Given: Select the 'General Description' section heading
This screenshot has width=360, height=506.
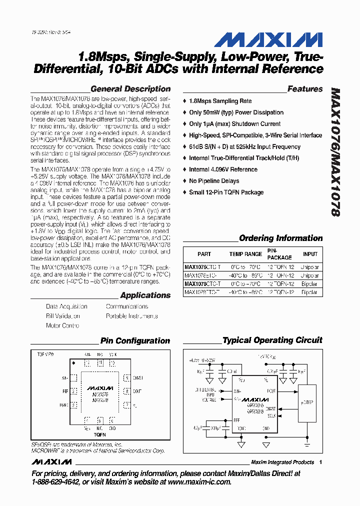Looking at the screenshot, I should tap(130, 89).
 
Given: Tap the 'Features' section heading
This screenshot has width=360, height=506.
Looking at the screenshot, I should tap(305, 89).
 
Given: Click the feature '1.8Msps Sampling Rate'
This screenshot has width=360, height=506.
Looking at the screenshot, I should tap(220, 101).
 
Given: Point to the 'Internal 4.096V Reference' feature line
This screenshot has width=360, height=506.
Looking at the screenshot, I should tap(223, 169).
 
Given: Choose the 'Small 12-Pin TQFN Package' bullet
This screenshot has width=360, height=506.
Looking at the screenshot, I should tap(226, 192).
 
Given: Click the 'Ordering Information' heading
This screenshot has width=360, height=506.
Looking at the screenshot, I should tap(280, 238).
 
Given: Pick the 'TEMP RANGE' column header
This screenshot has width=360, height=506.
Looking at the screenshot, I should tap(245, 254).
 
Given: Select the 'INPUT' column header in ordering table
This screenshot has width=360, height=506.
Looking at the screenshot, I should tap(310, 254).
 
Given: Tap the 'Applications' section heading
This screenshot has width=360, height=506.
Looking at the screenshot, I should tap(145, 295).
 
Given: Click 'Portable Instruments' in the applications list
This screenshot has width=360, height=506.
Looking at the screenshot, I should tap(131, 316).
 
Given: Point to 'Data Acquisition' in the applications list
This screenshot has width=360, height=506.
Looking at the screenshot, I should tap(66, 306).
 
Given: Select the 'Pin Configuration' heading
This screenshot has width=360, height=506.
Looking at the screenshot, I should tap(135, 341).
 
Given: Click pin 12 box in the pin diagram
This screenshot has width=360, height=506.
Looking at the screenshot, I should tap(88, 363).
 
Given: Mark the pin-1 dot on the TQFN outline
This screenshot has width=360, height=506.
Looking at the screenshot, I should tap(74, 362).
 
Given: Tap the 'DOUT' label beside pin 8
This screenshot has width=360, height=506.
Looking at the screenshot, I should tap(137, 391).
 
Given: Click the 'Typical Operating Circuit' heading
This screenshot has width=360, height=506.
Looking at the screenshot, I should tap(272, 340).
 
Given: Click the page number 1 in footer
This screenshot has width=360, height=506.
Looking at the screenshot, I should tap(320, 462).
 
